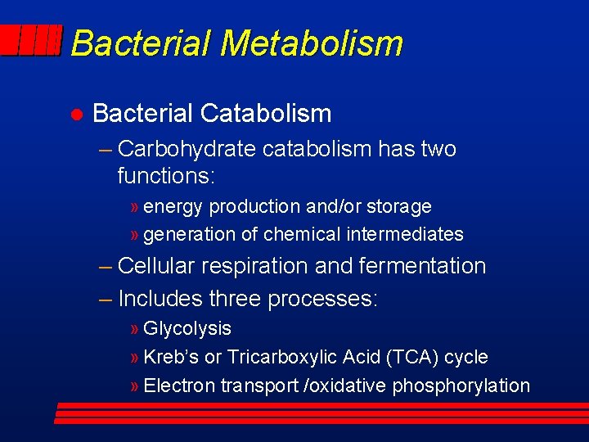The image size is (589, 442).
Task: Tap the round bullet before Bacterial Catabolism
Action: pos(74,114)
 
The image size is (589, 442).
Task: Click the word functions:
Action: pos(164,175)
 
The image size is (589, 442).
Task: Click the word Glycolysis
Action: pos(187,329)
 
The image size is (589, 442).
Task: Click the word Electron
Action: pos(179,386)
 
